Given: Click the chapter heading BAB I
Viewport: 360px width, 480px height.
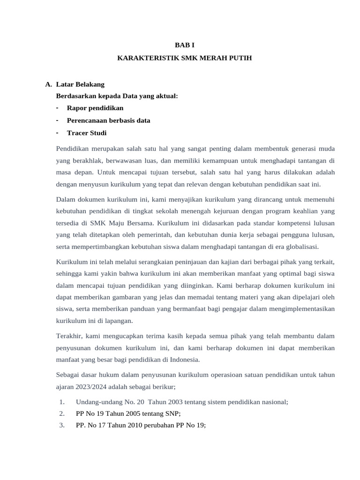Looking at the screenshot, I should (184, 45).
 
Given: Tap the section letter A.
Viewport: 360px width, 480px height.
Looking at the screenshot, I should (48, 84).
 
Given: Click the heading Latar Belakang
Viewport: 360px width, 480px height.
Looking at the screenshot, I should (80, 84).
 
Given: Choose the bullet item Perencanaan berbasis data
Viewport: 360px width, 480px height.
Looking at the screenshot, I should (108, 120).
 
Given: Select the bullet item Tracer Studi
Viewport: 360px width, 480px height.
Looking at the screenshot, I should (87, 133).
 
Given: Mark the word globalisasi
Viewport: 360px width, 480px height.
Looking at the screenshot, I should (300, 247).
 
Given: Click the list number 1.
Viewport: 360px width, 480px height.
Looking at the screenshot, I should (62, 402).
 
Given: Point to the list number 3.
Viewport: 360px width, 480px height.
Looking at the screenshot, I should (62, 425).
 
